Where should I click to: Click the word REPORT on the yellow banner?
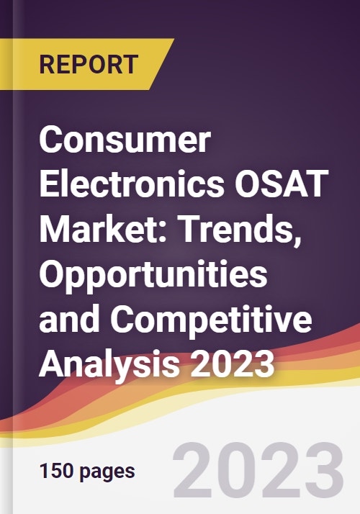click(x=89, y=64)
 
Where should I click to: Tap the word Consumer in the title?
click(x=125, y=141)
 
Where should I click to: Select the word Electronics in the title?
click(x=132, y=184)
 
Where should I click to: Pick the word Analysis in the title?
click(x=109, y=365)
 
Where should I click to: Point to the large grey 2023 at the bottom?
click(x=258, y=470)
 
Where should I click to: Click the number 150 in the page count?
click(x=56, y=471)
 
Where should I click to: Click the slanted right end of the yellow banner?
click(x=162, y=64)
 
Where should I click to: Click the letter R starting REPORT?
click(x=48, y=64)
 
